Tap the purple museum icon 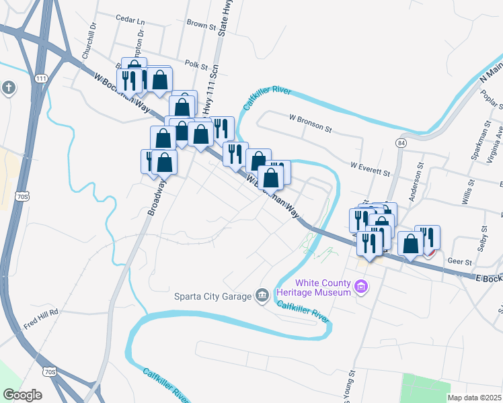pyautogui.click(x=362, y=288)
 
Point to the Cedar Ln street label pyautogui.click(x=130, y=19)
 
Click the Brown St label pyautogui.click(x=201, y=26)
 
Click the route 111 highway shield pyautogui.click(x=42, y=79)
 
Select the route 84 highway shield pyautogui.click(x=401, y=143)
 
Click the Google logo pyautogui.click(x=22, y=395)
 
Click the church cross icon pyautogui.click(x=7, y=88)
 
